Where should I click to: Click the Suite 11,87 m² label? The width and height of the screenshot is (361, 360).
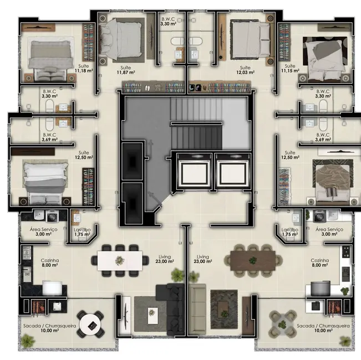click(126, 69)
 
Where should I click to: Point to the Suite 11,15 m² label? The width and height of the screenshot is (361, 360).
click(289, 69)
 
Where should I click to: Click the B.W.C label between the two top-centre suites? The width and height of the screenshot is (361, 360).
click(169, 22)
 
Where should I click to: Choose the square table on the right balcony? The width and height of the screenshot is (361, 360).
click(282, 322)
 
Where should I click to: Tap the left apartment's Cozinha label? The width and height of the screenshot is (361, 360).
click(50, 263)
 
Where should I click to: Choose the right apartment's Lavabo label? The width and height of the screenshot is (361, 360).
click(290, 232)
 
